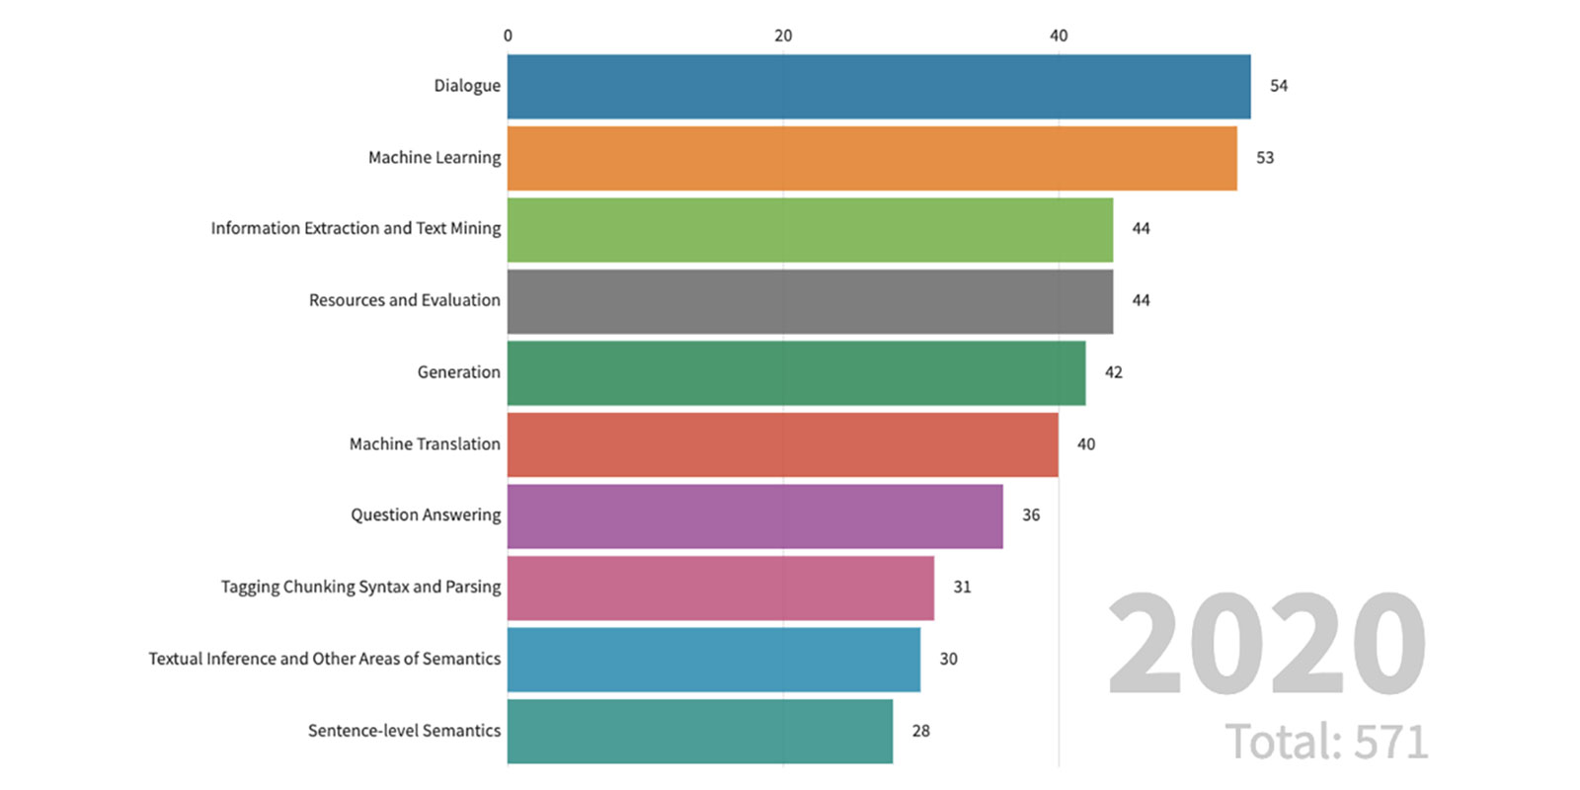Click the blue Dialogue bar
click(x=879, y=87)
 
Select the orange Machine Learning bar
click(x=872, y=158)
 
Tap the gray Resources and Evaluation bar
click(x=810, y=301)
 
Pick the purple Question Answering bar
click(x=754, y=515)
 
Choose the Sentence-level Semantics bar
click(x=699, y=731)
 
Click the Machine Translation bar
click(x=782, y=444)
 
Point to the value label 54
click(x=1278, y=86)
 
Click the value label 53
click(x=1264, y=158)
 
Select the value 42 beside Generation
click(x=1113, y=372)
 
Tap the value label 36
click(x=1030, y=515)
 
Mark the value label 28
click(x=920, y=731)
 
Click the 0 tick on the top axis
click(x=508, y=36)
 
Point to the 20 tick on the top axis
click(x=783, y=36)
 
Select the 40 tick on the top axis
click(x=1059, y=36)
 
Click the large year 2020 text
click(x=1266, y=644)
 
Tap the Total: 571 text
click(x=1326, y=742)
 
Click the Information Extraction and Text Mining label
click(x=355, y=228)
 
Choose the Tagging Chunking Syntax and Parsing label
click(x=360, y=587)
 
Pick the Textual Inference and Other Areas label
click(x=324, y=659)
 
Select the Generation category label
click(x=458, y=372)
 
